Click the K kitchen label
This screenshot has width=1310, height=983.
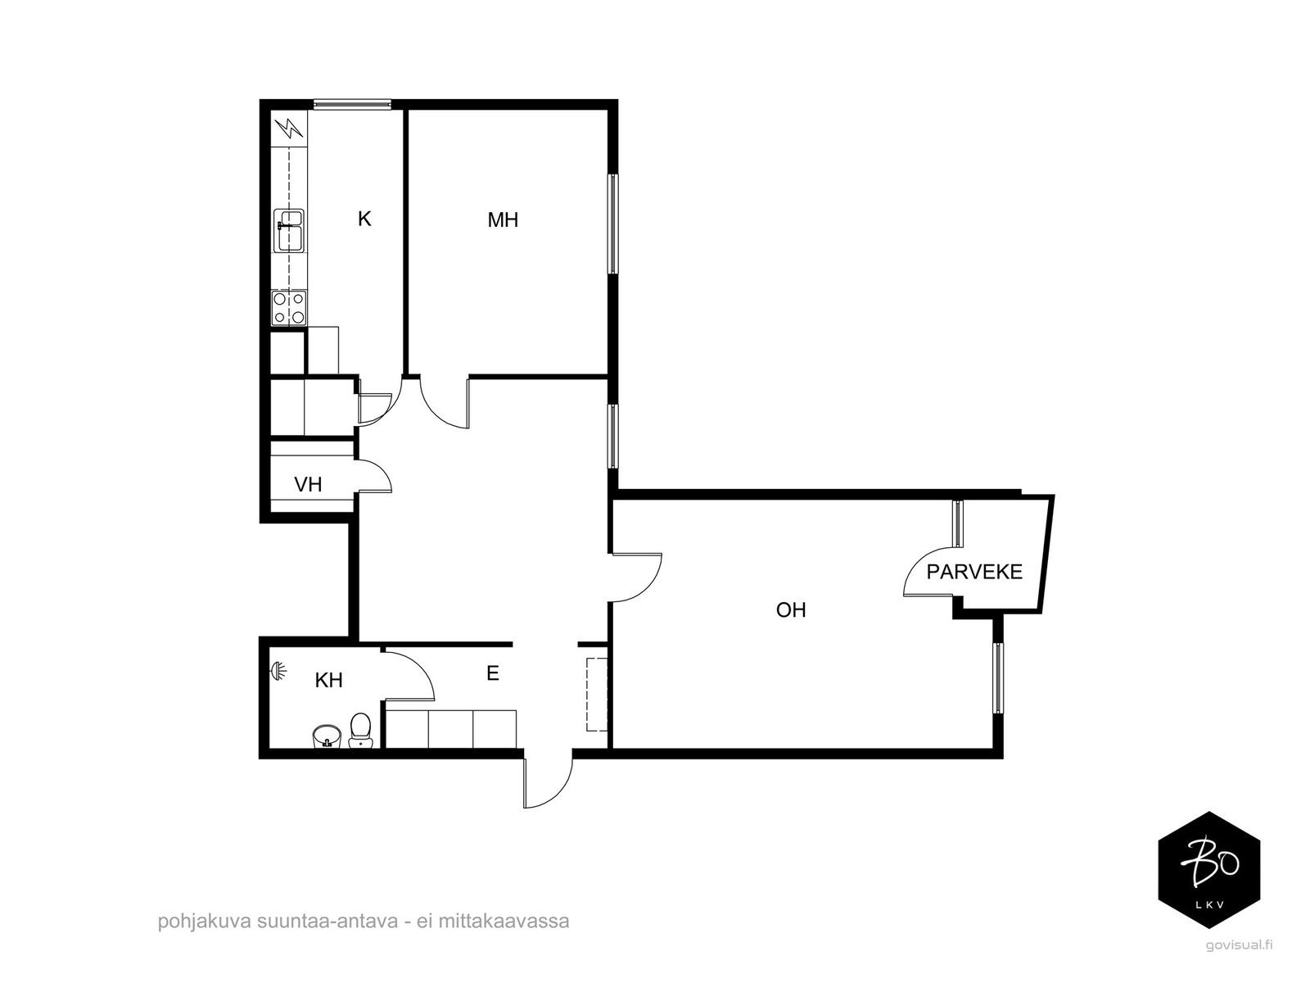tap(364, 219)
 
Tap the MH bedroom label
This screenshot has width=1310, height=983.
tap(503, 220)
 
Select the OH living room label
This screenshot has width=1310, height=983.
tap(791, 609)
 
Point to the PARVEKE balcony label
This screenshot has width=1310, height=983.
tap(974, 572)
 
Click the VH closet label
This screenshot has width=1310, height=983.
tap(308, 484)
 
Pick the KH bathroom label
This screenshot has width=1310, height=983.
tap(328, 680)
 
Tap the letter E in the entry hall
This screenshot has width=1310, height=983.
tap(492, 673)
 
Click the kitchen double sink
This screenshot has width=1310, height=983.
tap(289, 230)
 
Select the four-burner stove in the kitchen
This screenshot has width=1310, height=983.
tap(289, 308)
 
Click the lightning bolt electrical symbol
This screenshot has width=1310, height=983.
tap(289, 128)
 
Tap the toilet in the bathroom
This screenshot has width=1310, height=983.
tap(360, 731)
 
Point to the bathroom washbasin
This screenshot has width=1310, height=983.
tap(327, 736)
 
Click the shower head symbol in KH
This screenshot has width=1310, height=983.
tap(278, 672)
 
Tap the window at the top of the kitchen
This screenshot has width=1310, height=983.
tap(352, 105)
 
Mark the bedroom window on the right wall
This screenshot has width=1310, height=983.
tap(613, 224)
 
